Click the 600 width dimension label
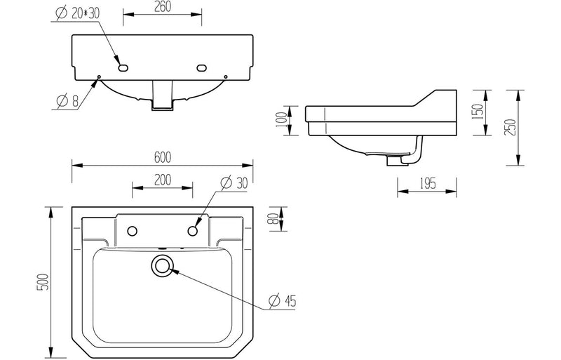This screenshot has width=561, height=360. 162,156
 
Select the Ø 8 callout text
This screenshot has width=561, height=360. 67,102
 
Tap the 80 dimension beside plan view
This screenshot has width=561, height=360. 273,220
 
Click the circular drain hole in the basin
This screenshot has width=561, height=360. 163,265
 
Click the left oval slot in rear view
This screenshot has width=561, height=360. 123,68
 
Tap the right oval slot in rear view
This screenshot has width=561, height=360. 202,68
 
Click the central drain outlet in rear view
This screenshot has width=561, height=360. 162,97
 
